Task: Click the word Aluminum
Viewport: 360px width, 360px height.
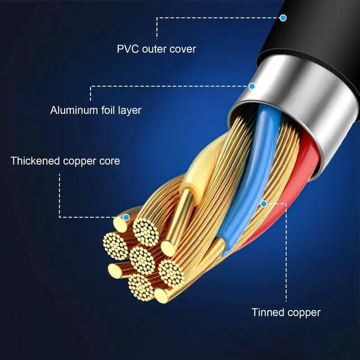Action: point(74,110)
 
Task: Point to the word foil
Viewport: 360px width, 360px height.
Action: point(108,110)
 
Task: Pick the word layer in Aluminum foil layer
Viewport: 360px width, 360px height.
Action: point(130,110)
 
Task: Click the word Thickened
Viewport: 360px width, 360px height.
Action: point(35,161)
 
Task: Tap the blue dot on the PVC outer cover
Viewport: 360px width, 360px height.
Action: point(283,18)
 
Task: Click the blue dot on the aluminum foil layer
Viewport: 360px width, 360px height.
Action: point(252,86)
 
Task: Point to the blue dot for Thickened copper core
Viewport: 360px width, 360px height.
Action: point(126,217)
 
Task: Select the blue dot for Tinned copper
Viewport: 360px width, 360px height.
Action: point(264,204)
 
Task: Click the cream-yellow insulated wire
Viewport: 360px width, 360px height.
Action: point(202,165)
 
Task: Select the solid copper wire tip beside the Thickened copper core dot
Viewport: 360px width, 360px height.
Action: point(120,224)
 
